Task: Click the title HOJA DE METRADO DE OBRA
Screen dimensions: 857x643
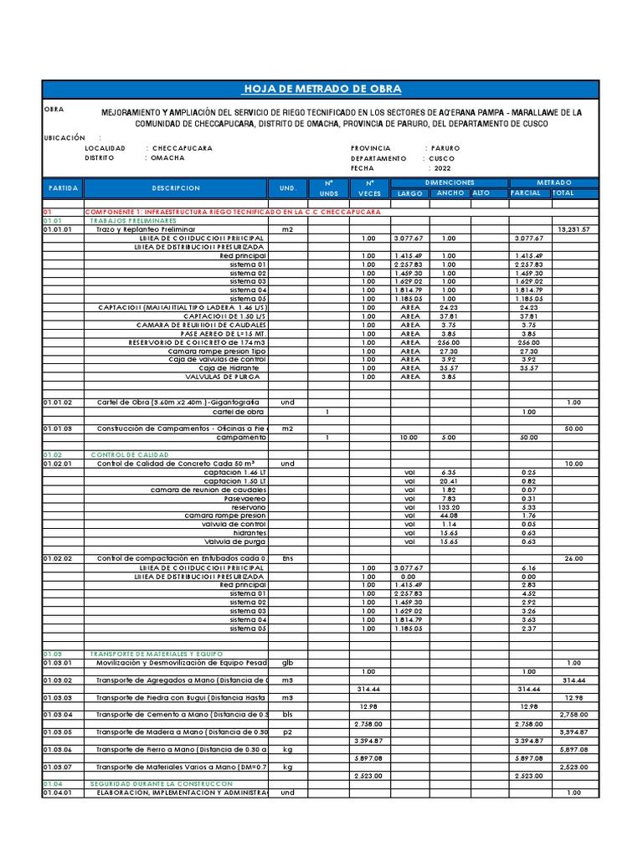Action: click(x=321, y=90)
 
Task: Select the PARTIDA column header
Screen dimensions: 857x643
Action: click(x=63, y=188)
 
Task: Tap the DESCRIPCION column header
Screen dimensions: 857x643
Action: click(x=176, y=188)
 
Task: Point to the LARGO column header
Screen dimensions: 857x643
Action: click(x=409, y=193)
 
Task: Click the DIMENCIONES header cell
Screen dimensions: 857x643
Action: click(x=450, y=182)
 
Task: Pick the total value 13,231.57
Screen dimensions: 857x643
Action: click(x=574, y=229)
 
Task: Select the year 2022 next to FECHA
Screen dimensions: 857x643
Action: click(x=442, y=168)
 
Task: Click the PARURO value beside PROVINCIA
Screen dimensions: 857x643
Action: click(x=445, y=148)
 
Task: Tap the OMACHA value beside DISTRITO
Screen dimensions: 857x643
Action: click(x=168, y=158)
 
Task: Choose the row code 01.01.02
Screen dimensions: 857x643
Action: click(x=58, y=403)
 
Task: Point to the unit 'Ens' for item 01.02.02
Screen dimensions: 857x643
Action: click(x=288, y=558)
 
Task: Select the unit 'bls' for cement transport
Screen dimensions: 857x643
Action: click(x=288, y=715)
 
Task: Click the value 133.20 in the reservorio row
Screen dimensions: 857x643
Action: click(x=450, y=507)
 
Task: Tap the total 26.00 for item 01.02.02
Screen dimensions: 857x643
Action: click(x=574, y=558)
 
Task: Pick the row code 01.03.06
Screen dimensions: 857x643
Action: click(x=58, y=750)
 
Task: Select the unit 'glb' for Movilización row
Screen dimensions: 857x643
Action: click(x=288, y=663)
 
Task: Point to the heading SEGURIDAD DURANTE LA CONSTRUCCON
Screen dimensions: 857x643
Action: click(x=161, y=784)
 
